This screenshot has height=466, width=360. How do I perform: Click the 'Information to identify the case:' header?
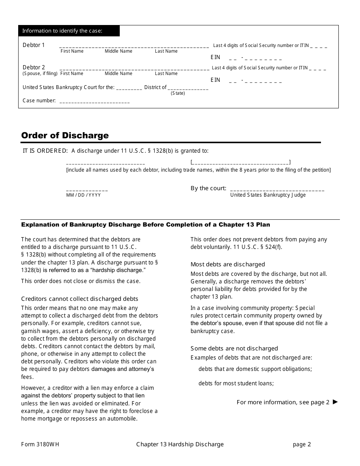tap(63, 31)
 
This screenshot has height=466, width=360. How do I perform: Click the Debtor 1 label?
tap(34, 45)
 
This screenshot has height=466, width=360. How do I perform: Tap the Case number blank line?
tap(94, 102)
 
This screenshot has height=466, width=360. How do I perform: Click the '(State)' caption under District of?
tap(178, 93)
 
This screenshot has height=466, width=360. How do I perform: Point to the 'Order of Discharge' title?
tap(65, 135)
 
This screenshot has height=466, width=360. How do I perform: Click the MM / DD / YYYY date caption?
tap(84, 195)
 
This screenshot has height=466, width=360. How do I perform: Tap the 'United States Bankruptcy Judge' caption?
tap(268, 195)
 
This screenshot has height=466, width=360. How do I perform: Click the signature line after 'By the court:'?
tap(277, 189)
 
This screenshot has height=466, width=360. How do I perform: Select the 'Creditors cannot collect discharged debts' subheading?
tap(80, 299)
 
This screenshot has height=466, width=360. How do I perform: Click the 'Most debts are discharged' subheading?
tap(228, 264)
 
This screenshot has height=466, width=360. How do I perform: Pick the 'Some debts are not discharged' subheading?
tap(234, 349)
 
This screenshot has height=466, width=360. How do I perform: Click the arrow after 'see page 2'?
tap(335, 402)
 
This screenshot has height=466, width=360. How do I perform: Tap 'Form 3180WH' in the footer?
tap(40, 444)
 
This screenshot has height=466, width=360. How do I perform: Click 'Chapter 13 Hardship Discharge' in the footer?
tap(180, 444)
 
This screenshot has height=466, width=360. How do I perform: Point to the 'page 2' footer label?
tap(302, 444)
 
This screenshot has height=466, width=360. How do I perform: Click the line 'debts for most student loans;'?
tap(236, 383)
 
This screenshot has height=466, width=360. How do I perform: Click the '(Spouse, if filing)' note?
tap(40, 73)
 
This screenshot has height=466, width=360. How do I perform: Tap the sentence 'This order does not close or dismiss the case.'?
tap(81, 281)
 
